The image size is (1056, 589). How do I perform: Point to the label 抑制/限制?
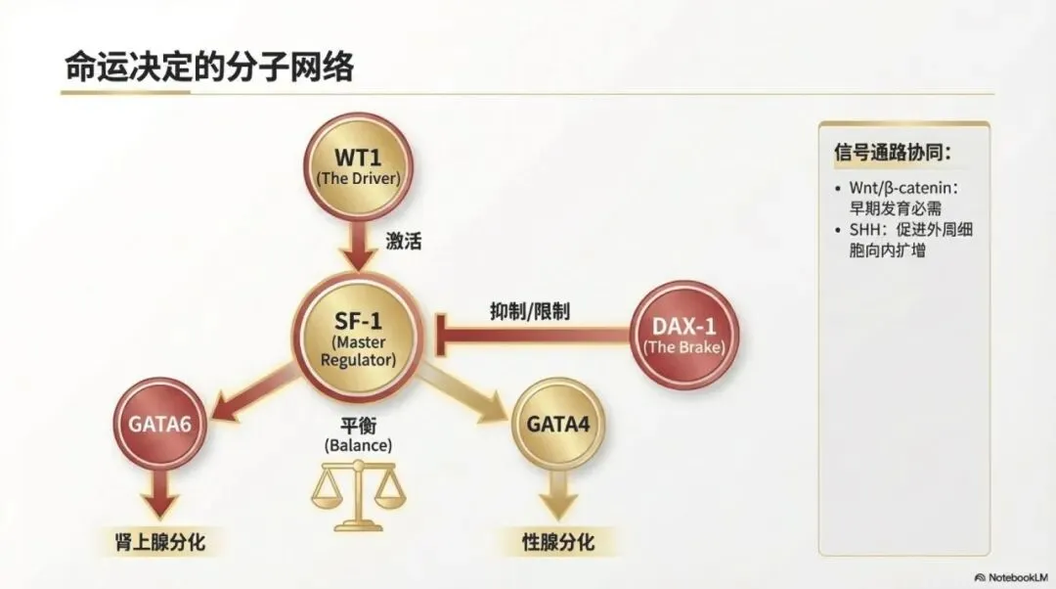[x=530, y=311]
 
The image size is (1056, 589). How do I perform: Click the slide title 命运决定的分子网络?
[x=209, y=68]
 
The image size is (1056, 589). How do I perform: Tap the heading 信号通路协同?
[x=893, y=153]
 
